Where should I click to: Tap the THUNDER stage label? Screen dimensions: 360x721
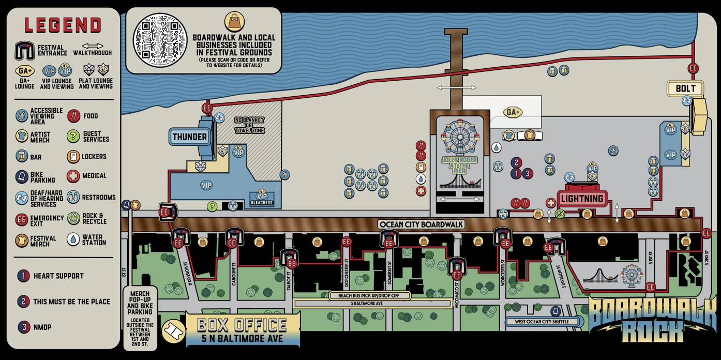190,137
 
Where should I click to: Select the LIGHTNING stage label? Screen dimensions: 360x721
581,198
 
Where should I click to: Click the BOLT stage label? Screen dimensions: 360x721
686,88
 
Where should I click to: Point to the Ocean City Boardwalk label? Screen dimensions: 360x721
421,224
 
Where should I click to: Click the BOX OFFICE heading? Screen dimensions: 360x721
242,325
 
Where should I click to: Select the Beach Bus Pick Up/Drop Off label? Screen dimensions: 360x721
370,296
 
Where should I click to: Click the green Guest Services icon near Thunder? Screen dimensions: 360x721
212,206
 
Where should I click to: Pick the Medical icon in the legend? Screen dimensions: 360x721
73,176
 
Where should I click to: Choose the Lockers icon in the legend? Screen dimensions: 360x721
73,156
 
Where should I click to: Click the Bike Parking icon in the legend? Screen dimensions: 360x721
22,177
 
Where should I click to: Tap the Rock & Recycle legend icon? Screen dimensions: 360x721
73,218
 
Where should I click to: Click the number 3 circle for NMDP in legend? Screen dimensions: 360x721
23,327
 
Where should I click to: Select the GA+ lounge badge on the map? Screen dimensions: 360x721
513,112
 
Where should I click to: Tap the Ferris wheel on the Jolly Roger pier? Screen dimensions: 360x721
459,137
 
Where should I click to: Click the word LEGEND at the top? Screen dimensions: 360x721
63,25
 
